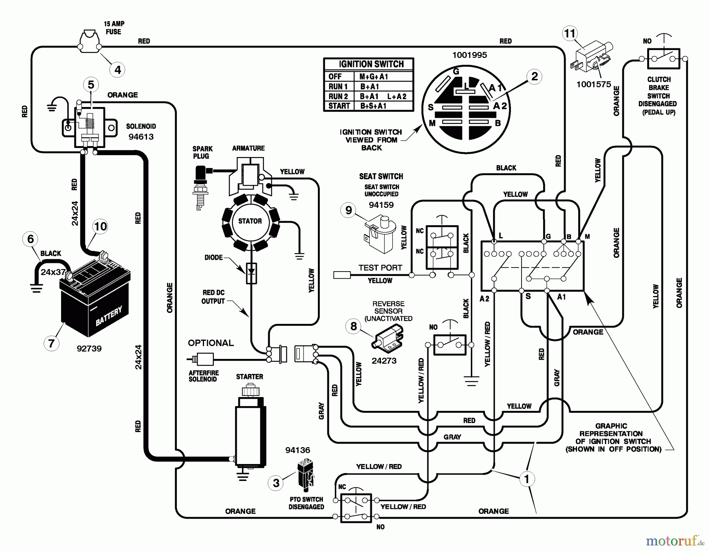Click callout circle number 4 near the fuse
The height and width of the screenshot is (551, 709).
117,70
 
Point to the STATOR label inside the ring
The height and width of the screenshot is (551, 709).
250,221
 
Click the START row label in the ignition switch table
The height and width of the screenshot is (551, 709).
339,106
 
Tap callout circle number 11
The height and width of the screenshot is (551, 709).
570,34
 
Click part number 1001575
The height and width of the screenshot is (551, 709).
594,84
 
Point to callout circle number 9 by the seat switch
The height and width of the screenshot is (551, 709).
349,210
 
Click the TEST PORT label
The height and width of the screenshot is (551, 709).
380,268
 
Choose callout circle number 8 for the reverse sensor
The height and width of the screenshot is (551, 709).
353,326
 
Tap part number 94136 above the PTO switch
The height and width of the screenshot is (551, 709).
298,450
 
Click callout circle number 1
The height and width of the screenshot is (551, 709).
527,479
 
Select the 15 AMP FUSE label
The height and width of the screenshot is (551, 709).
114,28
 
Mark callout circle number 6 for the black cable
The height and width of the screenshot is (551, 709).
30,239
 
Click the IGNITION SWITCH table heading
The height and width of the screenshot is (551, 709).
371,64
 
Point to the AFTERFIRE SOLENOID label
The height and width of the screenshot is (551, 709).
203,376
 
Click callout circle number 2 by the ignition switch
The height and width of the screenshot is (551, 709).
534,76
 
